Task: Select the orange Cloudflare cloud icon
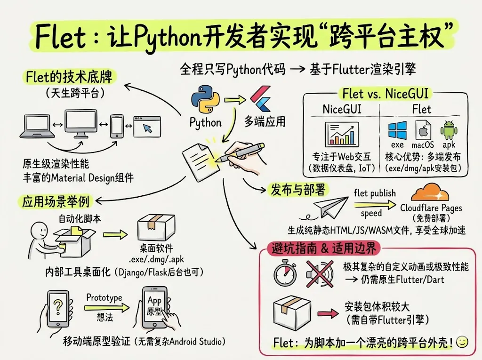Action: click(x=432, y=192)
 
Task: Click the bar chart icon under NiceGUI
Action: click(x=342, y=134)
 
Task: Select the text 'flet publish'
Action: click(x=375, y=193)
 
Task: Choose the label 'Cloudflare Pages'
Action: click(x=431, y=208)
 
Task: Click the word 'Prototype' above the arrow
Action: click(x=104, y=297)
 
